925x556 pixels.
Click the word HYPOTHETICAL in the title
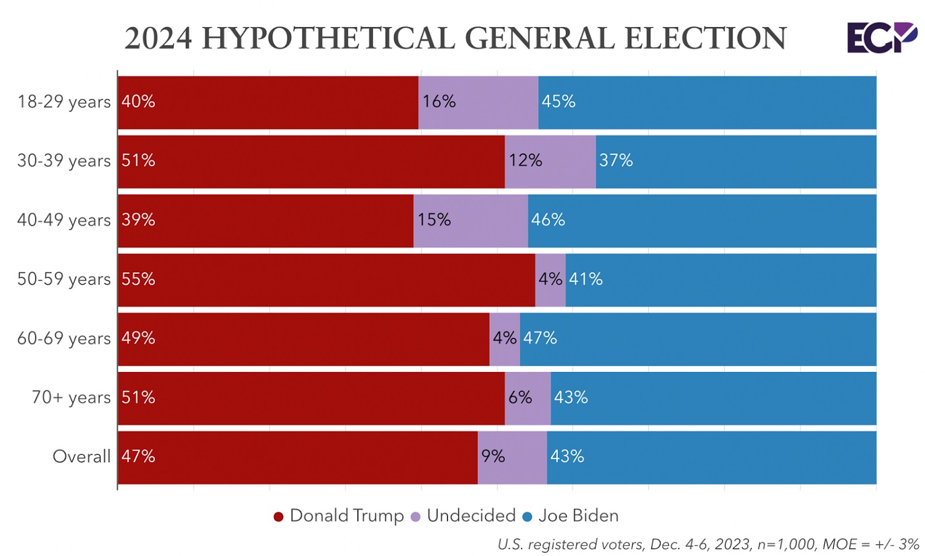tap(328, 38)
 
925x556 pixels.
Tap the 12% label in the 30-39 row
tap(525, 161)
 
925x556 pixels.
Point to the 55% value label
tap(138, 279)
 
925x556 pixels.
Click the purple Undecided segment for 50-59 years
tap(550, 280)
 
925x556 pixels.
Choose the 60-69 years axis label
tap(64, 339)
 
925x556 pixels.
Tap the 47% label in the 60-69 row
tap(540, 338)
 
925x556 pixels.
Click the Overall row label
tap(81, 457)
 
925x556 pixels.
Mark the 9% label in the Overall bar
tap(493, 457)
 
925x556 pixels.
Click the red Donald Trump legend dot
tap(278, 517)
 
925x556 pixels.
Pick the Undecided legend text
tap(471, 516)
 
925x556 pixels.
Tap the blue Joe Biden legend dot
tap(528, 517)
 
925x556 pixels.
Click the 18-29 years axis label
tap(64, 101)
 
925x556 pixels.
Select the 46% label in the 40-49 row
tap(548, 220)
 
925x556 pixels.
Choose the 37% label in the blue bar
tap(616, 161)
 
